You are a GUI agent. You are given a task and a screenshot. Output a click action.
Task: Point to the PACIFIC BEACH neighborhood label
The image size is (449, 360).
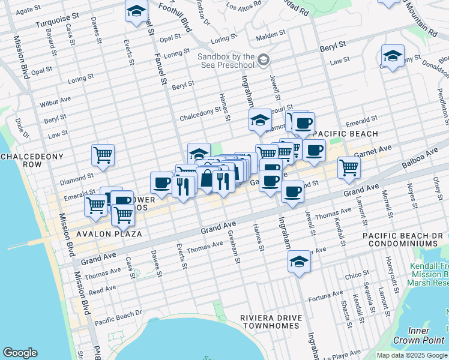[x=345, y=133]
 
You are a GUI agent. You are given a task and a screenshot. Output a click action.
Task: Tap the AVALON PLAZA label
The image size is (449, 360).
[x=101, y=233]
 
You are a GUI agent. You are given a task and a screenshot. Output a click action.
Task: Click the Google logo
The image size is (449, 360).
[x=20, y=353]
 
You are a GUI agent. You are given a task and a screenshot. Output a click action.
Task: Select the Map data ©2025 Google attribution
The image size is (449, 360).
[x=412, y=355]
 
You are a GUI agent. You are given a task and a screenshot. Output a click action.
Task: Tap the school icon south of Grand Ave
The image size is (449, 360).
[x=299, y=262]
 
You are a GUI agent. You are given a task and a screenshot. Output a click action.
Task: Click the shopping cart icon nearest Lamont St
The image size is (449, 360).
[x=348, y=167]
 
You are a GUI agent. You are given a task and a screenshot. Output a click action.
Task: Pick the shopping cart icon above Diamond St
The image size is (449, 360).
[x=103, y=154]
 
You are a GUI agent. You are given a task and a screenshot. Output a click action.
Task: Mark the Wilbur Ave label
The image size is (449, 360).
[x=55, y=101]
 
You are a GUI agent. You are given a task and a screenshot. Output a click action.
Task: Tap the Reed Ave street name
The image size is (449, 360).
[x=102, y=290]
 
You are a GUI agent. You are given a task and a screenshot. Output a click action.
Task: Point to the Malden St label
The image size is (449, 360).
[x=271, y=35]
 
